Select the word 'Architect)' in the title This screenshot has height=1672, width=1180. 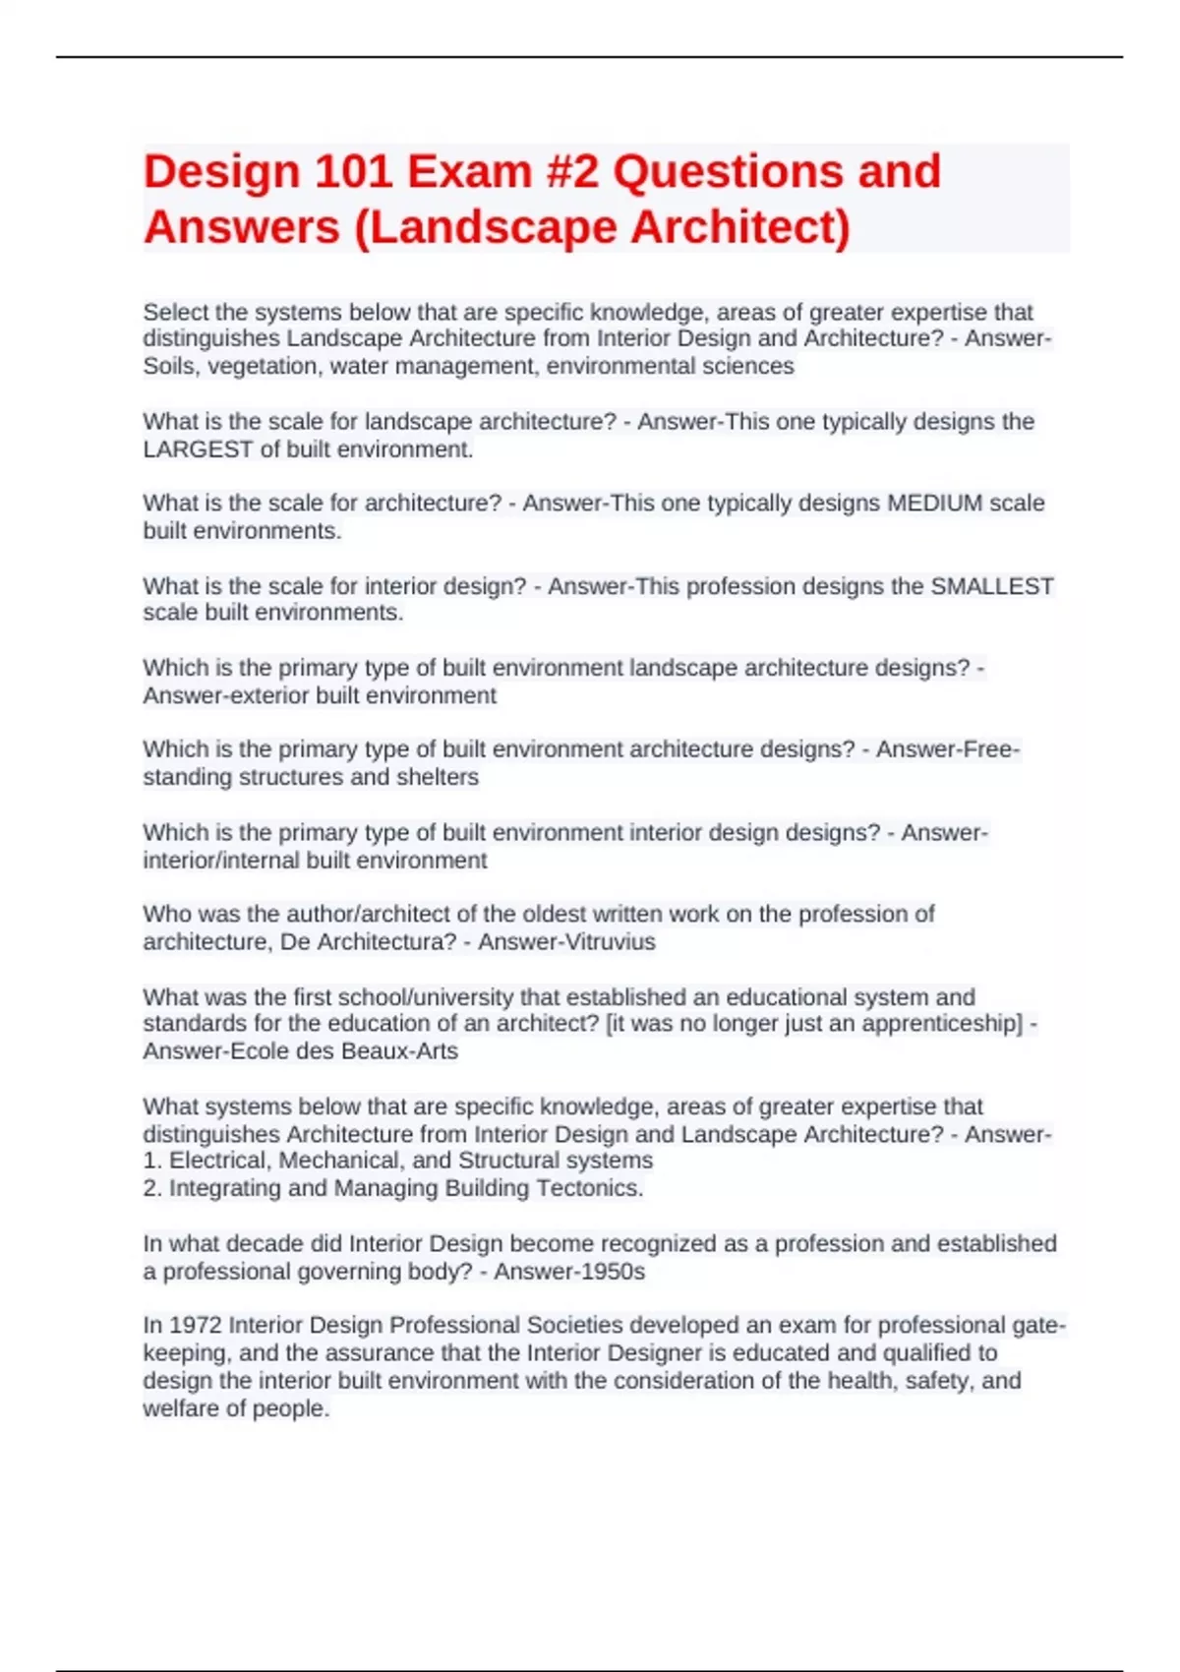pyautogui.click(x=739, y=227)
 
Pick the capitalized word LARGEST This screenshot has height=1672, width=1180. pyautogui.click(x=198, y=449)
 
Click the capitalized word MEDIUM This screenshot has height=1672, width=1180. pyautogui.click(x=934, y=504)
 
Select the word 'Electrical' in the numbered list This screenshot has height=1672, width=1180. pyautogui.click(x=217, y=1161)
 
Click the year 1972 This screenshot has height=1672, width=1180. pyautogui.click(x=195, y=1326)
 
